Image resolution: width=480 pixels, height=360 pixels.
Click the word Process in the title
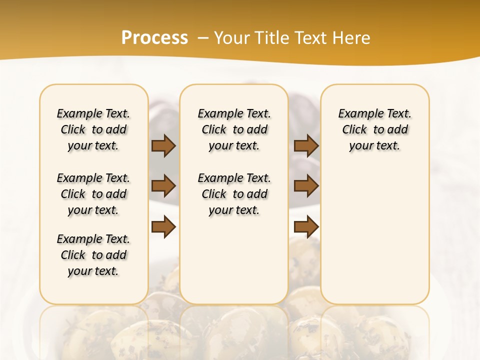[154, 38]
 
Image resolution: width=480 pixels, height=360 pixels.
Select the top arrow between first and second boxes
[163, 145]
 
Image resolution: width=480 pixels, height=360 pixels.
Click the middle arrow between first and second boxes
[163, 186]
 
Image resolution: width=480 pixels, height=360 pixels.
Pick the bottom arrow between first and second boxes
[163, 226]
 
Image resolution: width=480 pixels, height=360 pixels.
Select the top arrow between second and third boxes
[306, 145]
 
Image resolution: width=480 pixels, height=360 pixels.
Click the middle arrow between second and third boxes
[306, 186]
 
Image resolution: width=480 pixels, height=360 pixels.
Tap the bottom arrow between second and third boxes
[306, 226]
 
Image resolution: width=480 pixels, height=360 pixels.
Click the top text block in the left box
[93, 129]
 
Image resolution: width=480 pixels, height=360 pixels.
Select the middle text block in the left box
[93, 194]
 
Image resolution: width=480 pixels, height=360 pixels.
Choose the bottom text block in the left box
[93, 255]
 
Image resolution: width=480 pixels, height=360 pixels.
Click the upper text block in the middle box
[234, 129]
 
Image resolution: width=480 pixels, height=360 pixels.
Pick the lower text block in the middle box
[234, 194]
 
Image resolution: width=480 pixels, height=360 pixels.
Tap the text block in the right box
[374, 129]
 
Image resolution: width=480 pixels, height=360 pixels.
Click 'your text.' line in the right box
[374, 146]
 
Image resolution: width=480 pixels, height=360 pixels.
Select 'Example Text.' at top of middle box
[234, 113]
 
